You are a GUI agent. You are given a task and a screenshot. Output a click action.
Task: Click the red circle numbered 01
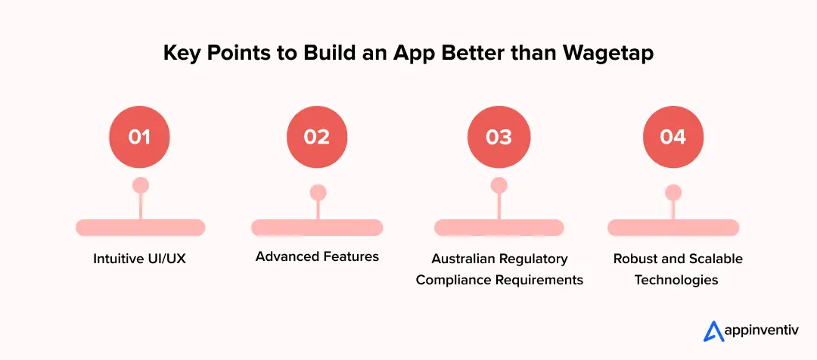tap(140, 137)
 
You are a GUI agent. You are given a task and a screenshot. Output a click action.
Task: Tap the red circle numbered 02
tap(317, 137)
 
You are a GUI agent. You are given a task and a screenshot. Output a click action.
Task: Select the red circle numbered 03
tap(499, 137)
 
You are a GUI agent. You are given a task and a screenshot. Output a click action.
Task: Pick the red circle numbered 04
tap(673, 137)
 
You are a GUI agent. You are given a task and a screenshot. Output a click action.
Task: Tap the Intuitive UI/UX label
tap(140, 259)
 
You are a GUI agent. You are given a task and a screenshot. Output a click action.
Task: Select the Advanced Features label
tap(317, 257)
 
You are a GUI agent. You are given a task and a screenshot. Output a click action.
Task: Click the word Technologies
tap(676, 280)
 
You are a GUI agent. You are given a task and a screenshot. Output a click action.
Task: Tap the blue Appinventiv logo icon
tap(713, 331)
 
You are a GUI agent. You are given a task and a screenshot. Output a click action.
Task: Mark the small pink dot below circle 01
tap(140, 185)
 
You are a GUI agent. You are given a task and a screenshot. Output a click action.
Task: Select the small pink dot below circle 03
tap(499, 185)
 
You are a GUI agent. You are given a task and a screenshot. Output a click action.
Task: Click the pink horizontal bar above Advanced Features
tap(317, 228)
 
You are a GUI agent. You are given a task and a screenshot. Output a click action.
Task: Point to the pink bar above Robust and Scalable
tap(673, 228)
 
